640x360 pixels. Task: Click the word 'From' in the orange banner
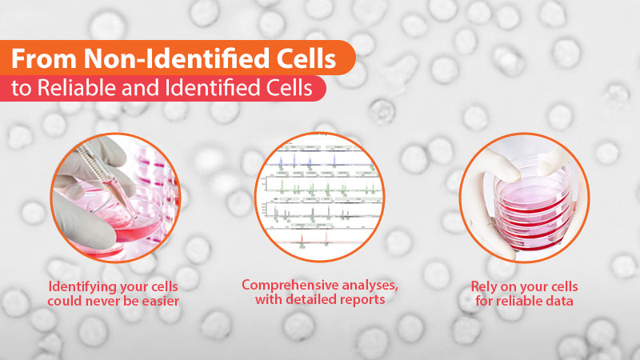click(44, 58)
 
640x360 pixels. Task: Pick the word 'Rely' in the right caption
click(484, 287)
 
